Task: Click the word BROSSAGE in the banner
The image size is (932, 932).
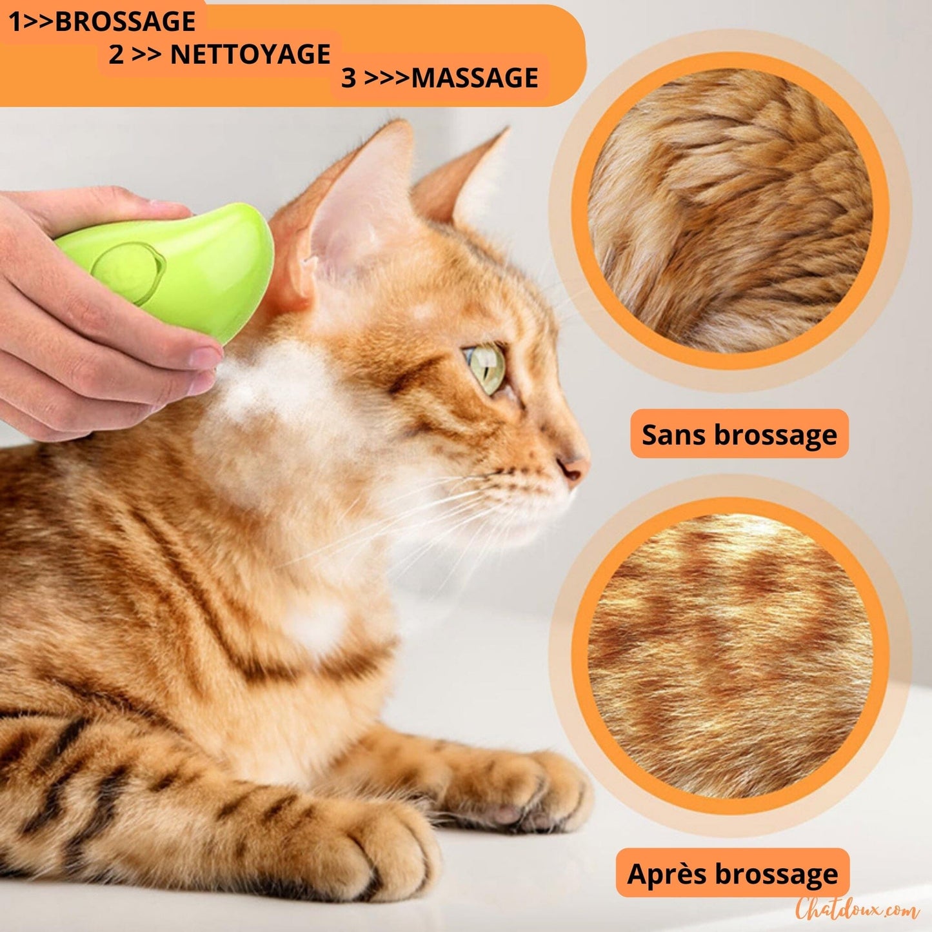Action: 125,22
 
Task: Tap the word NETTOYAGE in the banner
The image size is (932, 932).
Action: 250,54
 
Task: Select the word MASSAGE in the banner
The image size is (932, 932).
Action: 475,78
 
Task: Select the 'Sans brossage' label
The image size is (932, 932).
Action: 739,434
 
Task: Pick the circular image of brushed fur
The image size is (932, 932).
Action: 730,656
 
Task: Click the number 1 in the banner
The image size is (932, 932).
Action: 14,22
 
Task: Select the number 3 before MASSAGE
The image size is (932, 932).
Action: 348,78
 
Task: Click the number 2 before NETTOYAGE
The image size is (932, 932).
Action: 116,55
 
